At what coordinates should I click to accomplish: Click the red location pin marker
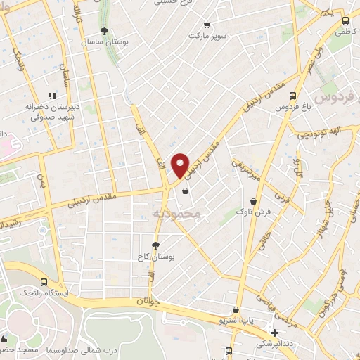(181, 165)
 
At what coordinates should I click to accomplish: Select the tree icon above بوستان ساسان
(105, 30)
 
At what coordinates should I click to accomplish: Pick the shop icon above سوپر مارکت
(205, 24)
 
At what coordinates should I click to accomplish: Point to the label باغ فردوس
(293, 108)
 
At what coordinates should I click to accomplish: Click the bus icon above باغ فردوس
(293, 97)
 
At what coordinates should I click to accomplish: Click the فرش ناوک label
(252, 211)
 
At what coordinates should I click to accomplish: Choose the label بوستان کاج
(155, 257)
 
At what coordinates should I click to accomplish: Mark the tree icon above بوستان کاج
(155, 245)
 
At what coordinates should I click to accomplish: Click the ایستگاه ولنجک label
(44, 291)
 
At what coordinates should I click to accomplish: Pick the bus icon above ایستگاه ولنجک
(44, 281)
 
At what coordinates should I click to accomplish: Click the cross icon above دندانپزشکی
(275, 332)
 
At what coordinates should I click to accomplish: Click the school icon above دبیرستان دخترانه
(51, 96)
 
